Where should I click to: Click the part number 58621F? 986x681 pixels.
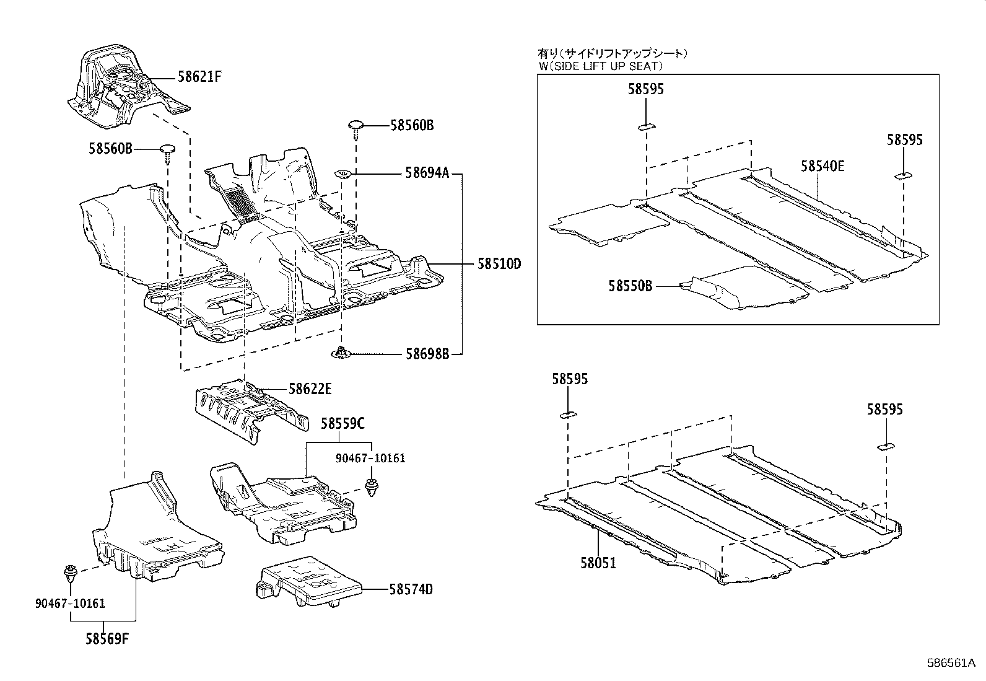199,77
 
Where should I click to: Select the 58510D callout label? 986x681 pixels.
499,265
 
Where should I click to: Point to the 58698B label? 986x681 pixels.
427,354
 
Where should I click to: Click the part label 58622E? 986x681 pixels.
310,389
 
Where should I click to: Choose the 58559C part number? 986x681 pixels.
342,424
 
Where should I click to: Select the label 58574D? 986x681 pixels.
411,589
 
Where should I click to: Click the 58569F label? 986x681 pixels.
107,639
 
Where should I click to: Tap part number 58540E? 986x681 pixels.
822,165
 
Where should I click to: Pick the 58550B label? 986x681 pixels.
630,286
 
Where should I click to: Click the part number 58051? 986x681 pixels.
598,563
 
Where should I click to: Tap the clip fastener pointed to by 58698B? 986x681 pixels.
341,353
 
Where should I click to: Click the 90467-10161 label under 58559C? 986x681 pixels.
370,459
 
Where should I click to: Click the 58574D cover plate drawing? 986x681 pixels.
307,582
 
